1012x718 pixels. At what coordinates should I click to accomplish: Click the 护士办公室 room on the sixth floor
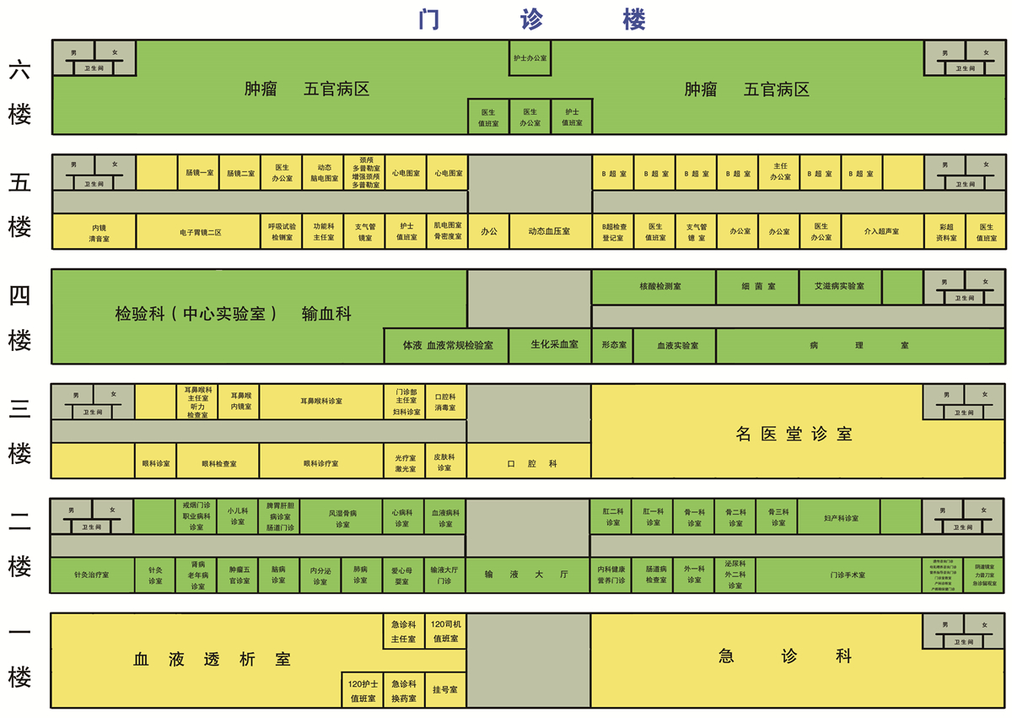click(530, 58)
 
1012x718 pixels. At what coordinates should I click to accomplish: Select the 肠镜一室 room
click(199, 172)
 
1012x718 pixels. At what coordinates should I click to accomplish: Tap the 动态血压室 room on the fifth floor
click(549, 231)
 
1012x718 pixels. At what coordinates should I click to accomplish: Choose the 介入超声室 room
click(881, 231)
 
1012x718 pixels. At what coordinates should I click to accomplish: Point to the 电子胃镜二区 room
click(199, 231)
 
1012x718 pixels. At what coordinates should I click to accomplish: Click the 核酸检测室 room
click(654, 286)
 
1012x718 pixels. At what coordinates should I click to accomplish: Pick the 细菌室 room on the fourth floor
click(757, 286)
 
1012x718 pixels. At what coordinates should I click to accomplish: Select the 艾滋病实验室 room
click(840, 286)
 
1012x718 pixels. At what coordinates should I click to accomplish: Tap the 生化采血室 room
click(549, 345)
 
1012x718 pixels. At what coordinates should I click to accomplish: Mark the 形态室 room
click(612, 345)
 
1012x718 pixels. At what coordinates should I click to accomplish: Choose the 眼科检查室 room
click(218, 463)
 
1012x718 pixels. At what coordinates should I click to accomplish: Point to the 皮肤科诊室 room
click(444, 462)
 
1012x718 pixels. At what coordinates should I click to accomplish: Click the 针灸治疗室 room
click(92, 575)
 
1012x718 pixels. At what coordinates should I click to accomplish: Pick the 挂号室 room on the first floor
click(444, 689)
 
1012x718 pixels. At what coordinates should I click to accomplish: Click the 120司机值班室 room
click(445, 631)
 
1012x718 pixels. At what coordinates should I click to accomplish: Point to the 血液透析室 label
click(212, 659)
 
